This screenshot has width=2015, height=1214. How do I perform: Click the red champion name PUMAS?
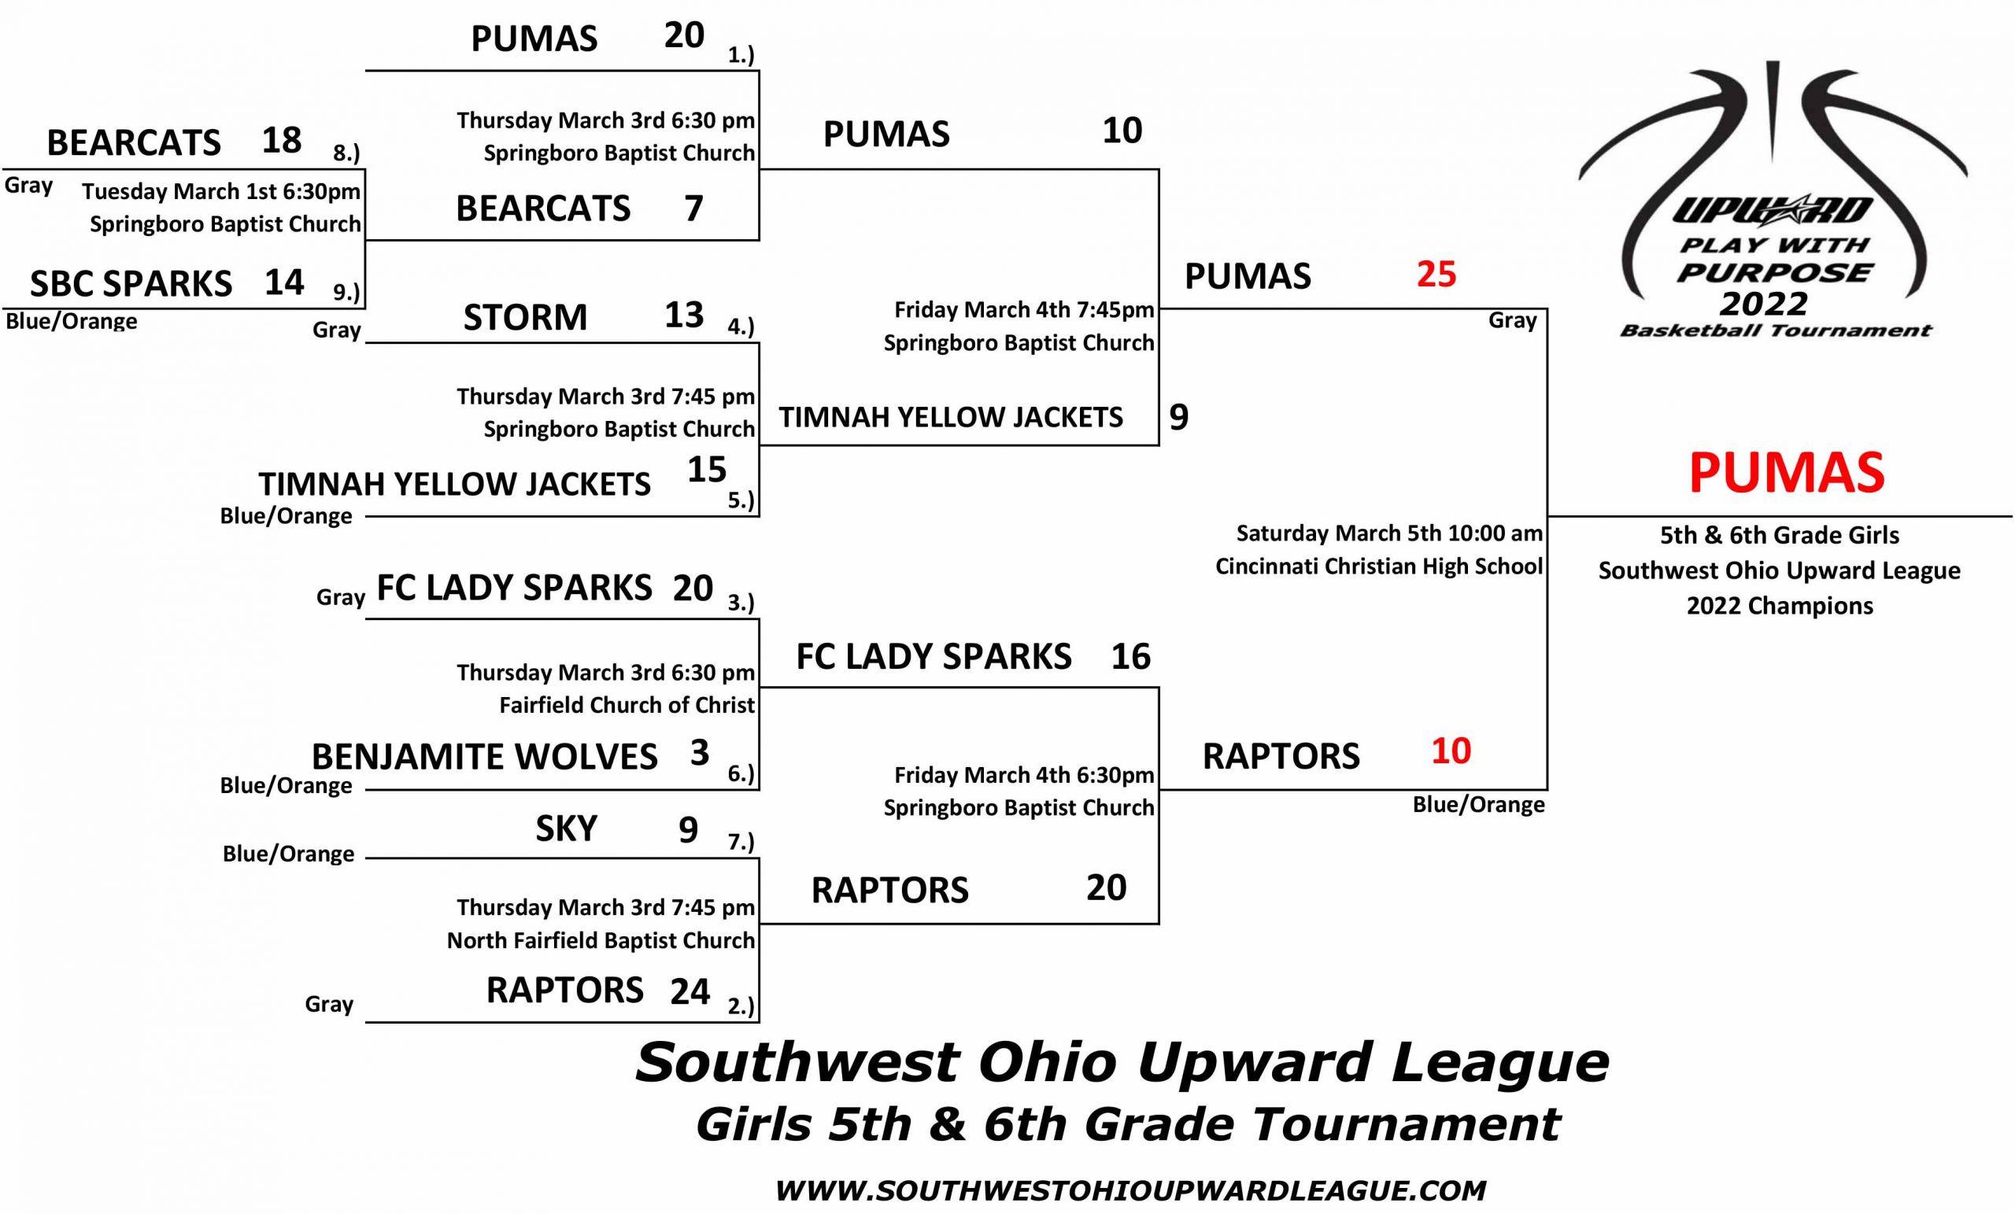pos(1786,473)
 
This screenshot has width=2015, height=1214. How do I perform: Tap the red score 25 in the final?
pos(1436,274)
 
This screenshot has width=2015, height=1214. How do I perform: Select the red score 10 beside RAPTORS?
pos(1451,751)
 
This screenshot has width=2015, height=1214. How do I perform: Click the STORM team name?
pos(525,317)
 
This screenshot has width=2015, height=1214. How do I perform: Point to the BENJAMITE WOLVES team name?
pos(484,756)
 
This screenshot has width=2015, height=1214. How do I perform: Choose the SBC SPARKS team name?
pos(131,284)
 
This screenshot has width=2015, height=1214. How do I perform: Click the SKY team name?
pos(566,829)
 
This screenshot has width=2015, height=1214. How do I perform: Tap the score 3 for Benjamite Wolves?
pos(699,752)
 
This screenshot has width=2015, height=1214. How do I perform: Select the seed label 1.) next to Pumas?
pos(741,55)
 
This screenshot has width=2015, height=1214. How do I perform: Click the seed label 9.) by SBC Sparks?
pos(346,292)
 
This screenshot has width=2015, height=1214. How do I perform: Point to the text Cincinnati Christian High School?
pos(1379,566)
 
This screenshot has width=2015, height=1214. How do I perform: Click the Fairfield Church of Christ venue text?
pos(627,705)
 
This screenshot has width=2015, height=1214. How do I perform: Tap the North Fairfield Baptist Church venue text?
pos(601,940)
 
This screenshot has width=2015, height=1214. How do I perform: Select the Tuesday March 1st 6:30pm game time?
pos(221,191)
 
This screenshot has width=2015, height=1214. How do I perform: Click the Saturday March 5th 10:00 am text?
pos(1389,533)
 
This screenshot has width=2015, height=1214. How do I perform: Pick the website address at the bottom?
pos(1130,1190)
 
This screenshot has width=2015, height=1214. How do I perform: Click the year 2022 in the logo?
pos(1763,304)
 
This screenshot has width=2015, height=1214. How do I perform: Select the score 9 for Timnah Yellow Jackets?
pos(1178,417)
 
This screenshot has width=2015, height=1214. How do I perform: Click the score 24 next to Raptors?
pos(690,991)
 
